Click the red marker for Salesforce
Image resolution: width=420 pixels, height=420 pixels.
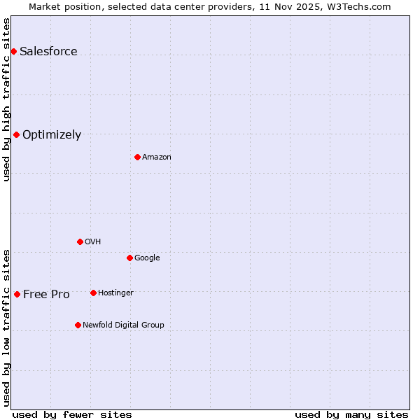tap(13, 51)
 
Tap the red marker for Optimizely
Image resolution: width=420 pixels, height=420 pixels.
tap(16, 134)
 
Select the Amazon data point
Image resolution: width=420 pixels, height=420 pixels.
tap(137, 157)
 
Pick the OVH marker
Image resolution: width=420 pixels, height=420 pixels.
tap(80, 241)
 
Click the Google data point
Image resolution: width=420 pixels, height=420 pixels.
tap(129, 258)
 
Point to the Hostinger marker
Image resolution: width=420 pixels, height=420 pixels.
tap(93, 293)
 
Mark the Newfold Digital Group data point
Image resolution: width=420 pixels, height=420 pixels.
tap(78, 325)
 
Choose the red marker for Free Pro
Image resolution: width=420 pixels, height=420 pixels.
tap(17, 294)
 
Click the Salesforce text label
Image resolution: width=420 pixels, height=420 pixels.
tap(48, 51)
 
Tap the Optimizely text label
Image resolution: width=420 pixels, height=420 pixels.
tap(52, 134)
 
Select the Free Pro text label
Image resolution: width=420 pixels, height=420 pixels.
tap(46, 294)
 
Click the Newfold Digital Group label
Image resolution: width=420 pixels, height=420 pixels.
tap(123, 325)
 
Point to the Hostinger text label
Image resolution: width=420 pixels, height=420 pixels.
tap(115, 293)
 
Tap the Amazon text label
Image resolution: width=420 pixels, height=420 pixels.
tap(156, 157)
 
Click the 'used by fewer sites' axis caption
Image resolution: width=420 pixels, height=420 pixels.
tap(72, 414)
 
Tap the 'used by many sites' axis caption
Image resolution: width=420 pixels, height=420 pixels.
tap(351, 414)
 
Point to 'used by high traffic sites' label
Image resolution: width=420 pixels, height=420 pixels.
tap(6, 99)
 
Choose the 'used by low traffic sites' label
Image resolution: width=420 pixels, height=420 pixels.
tap(6, 327)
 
